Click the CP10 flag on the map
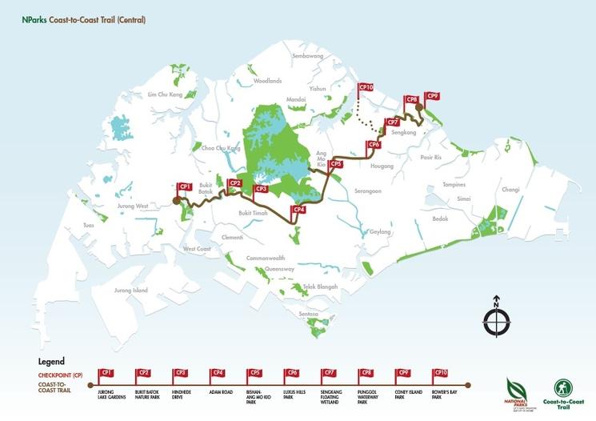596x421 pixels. point(366,86)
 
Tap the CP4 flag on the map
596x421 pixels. point(298,210)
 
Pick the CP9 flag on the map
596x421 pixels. point(432,96)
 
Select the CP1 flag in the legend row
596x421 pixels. point(106,373)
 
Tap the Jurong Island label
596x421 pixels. point(131,290)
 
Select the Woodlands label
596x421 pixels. point(268,81)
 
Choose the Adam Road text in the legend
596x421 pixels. point(218,391)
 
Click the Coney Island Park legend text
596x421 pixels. point(403,393)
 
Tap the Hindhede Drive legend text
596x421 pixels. point(181,393)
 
